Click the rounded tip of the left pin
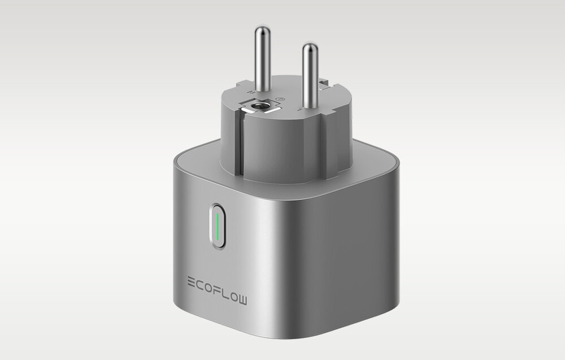[x=260, y=29]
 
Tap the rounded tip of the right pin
[x=309, y=47]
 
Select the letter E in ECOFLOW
[x=191, y=280]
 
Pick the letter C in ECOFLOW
[x=201, y=280]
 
